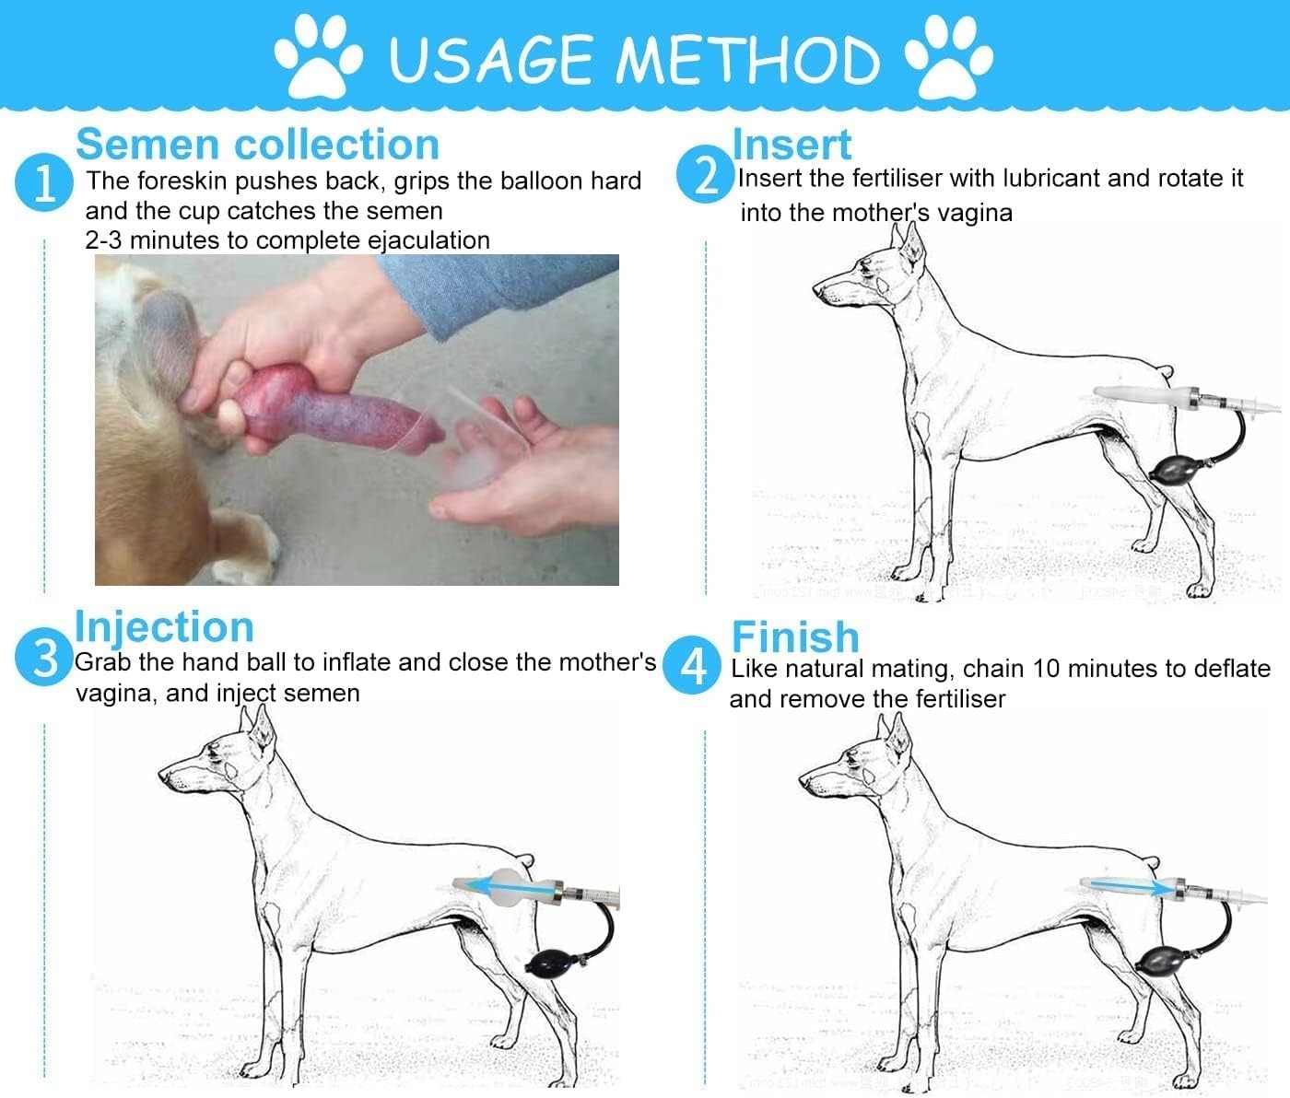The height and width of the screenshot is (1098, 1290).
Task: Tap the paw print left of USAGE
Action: [318, 56]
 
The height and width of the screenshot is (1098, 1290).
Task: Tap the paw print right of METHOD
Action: [949, 56]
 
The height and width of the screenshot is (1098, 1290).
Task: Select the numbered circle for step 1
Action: [44, 182]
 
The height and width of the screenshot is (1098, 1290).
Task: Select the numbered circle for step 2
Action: [706, 175]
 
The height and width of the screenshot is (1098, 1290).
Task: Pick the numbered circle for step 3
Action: [44, 657]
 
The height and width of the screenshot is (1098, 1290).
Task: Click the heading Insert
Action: [792, 145]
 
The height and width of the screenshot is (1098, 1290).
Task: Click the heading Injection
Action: [164, 627]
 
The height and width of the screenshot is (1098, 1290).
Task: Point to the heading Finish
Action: [796, 637]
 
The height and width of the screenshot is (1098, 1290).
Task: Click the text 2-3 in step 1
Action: [104, 240]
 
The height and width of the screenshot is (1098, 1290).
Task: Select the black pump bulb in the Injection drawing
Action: [549, 962]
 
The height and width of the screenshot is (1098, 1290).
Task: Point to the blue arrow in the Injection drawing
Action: [511, 888]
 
